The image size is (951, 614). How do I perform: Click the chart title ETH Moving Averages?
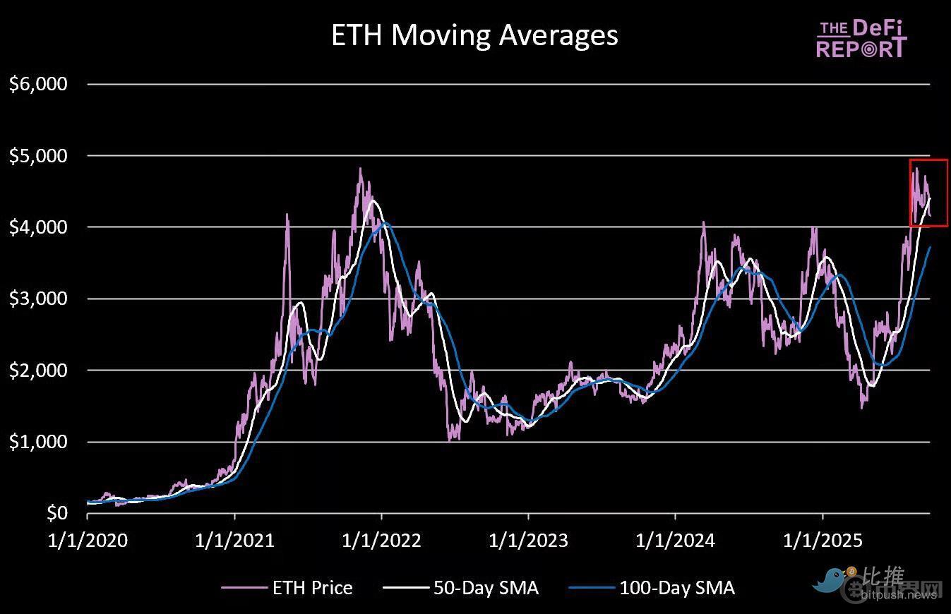click(x=474, y=35)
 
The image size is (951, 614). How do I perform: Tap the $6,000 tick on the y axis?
click(x=38, y=84)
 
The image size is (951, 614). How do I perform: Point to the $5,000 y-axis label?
click(x=38, y=156)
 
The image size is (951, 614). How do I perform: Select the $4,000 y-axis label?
click(x=38, y=227)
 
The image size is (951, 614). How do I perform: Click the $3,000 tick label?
click(x=38, y=299)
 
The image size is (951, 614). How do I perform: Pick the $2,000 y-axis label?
click(x=38, y=371)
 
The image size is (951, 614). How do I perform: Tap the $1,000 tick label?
click(x=38, y=442)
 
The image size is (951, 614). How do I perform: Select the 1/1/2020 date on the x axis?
click(x=88, y=541)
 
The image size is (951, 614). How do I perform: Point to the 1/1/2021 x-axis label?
click(x=234, y=541)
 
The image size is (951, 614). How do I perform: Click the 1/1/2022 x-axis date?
click(x=381, y=541)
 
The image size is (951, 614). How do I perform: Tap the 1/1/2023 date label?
click(x=528, y=541)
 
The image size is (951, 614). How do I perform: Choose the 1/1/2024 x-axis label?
click(x=675, y=541)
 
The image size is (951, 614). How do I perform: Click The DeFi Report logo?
click(x=861, y=39)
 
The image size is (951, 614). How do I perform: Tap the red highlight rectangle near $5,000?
click(x=928, y=193)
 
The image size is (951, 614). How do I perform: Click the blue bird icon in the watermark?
click(x=831, y=579)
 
